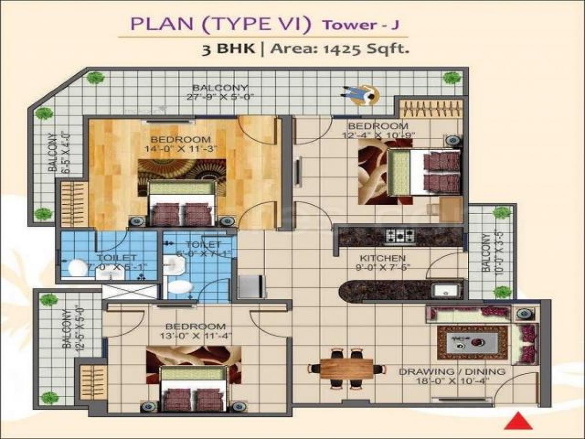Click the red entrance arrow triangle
point(518,421)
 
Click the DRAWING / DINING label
point(452,372)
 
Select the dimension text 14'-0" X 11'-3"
point(180,148)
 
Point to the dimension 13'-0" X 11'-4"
point(195,336)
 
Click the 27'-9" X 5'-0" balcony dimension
point(219,97)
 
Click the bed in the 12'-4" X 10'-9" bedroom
point(424,172)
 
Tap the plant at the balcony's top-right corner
point(452,78)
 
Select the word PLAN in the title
point(153,25)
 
